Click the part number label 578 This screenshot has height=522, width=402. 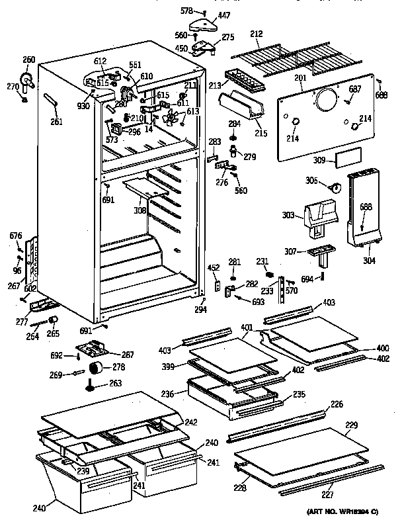coord(188,11)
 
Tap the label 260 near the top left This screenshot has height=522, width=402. coord(28,60)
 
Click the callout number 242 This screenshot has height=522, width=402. coord(191,421)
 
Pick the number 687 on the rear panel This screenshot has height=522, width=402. coord(355,89)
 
